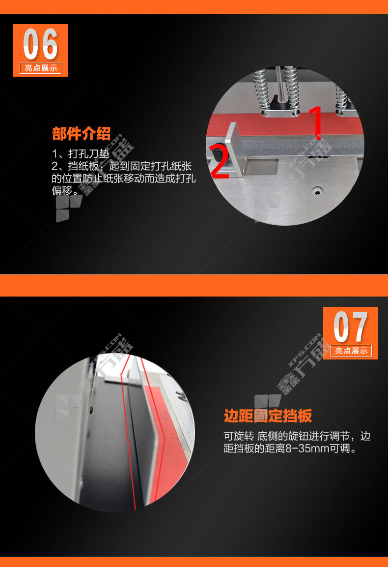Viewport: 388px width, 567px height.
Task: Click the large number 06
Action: point(40,44)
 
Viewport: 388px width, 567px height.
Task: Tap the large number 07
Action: point(351,327)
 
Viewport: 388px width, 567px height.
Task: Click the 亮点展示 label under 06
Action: point(40,68)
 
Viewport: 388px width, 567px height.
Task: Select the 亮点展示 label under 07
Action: point(351,351)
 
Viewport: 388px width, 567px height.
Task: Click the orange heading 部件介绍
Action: point(82,133)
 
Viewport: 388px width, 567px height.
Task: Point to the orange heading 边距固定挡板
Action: point(268,416)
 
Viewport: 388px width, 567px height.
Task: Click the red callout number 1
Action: point(316,122)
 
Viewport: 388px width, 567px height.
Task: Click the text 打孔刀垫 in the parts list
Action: point(89,154)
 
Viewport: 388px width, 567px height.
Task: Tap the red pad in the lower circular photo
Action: point(166,441)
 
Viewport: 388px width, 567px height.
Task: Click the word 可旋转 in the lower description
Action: point(239,436)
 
